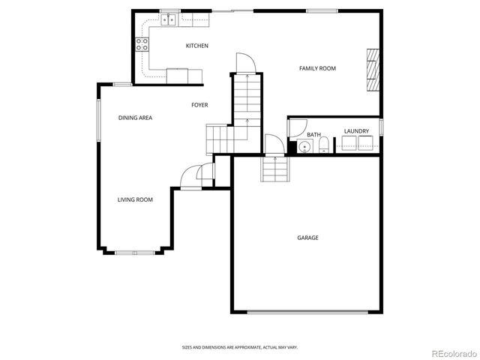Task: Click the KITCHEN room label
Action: click(197, 46)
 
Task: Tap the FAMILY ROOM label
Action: click(317, 68)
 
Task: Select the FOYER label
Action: click(199, 105)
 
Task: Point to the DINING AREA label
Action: click(136, 118)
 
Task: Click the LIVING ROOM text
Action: click(135, 199)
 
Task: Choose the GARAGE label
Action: click(307, 238)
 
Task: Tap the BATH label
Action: click(313, 135)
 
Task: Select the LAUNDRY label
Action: click(356, 131)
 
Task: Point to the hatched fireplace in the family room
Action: click(373, 70)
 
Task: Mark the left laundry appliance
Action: click(349, 145)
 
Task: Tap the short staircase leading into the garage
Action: click(275, 170)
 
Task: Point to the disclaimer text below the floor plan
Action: click(239, 347)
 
